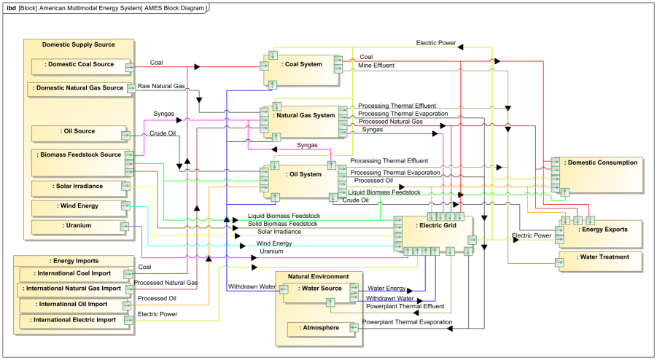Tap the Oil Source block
(x=79, y=134)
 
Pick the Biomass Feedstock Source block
(x=80, y=163)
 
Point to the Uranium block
(x=79, y=227)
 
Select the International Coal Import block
(x=74, y=275)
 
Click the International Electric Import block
(x=74, y=321)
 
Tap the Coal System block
(x=301, y=71)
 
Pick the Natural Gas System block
(x=304, y=122)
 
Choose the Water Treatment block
(x=600, y=262)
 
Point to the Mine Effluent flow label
(x=376, y=66)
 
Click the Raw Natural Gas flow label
(x=161, y=86)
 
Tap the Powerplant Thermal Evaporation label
(x=408, y=322)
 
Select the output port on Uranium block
(x=125, y=227)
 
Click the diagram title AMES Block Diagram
(x=174, y=8)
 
